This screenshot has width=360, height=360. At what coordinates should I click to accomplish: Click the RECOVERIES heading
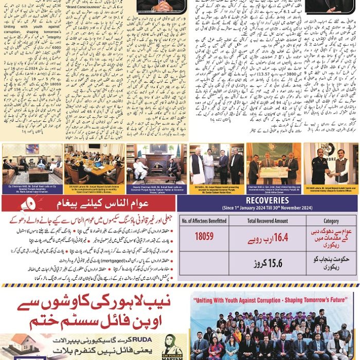click(271, 201)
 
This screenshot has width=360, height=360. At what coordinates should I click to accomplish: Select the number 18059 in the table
click(204, 237)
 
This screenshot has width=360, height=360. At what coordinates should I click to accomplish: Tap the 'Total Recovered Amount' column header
click(267, 221)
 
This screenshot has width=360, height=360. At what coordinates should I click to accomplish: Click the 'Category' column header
click(330, 221)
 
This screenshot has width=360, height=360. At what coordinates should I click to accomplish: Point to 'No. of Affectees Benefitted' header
click(204, 221)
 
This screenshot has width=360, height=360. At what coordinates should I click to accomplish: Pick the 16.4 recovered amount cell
click(267, 237)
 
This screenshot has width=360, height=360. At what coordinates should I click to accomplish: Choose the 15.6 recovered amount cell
click(267, 263)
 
